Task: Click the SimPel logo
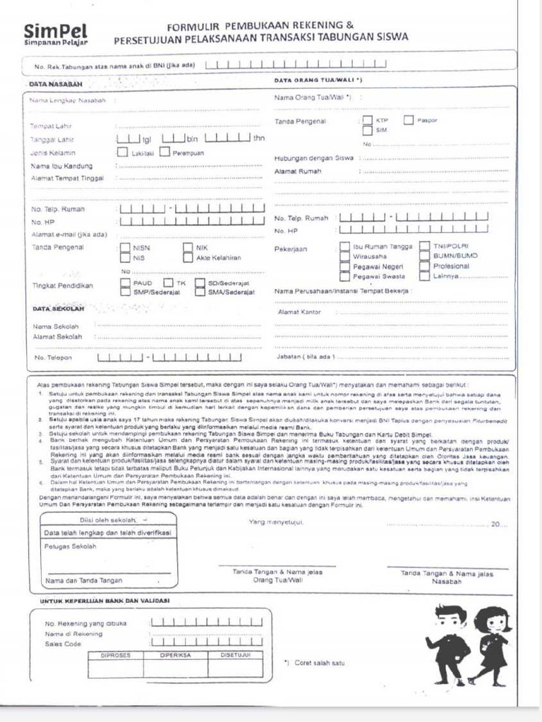56,33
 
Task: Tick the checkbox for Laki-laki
123,152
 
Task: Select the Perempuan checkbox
165,152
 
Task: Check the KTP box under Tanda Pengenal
367,120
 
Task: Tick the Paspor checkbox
409,120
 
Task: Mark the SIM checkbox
367,130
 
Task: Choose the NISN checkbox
125,247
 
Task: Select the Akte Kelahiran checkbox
188,257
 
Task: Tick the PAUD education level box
125,283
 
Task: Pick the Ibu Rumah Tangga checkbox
344,247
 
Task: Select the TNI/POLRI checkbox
424,247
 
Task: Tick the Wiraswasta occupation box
344,257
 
